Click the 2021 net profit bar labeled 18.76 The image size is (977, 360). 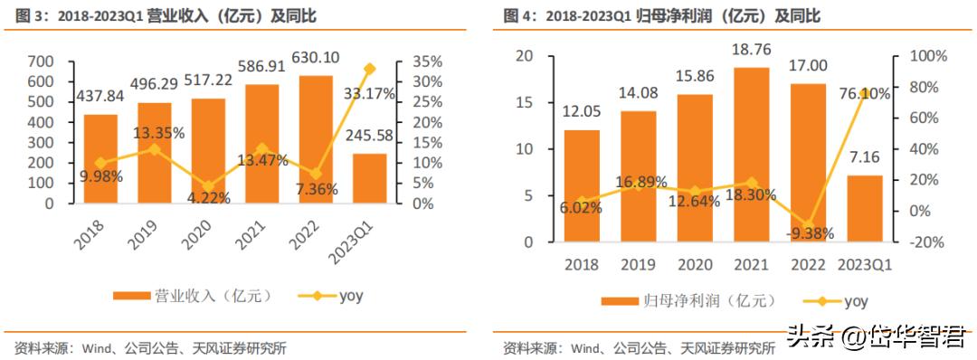coord(751,154)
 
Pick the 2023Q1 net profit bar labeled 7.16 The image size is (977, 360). coord(864,208)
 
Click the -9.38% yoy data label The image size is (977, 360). coord(807,232)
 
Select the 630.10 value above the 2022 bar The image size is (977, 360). coord(316,58)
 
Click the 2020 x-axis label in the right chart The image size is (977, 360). coord(696,264)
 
